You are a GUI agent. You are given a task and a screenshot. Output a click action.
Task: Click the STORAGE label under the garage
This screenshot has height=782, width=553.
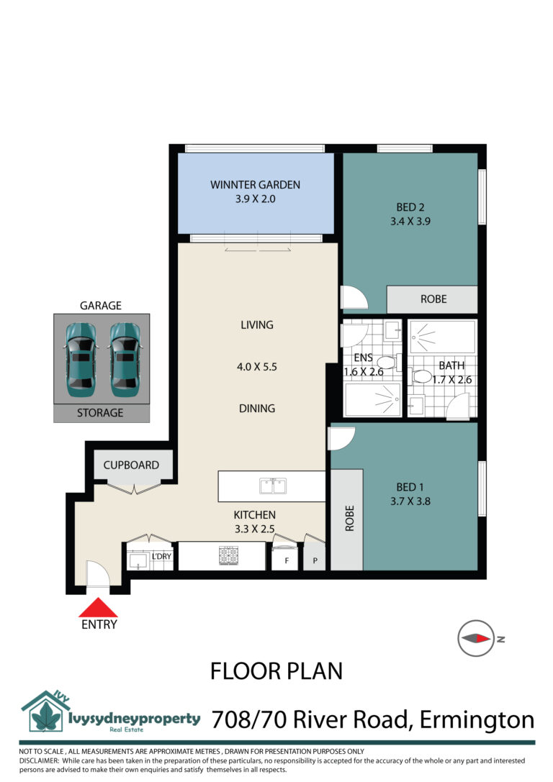tap(100, 413)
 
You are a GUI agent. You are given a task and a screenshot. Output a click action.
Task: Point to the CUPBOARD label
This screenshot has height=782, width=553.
tap(131, 465)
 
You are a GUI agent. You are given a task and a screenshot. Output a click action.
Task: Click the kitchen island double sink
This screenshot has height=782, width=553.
tap(273, 486)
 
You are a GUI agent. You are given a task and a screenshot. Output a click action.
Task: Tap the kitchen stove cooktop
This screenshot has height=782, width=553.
tap(228, 556)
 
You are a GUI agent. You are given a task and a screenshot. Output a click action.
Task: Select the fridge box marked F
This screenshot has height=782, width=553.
tap(287, 558)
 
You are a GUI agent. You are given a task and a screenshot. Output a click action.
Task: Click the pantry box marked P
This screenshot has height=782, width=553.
tap(315, 558)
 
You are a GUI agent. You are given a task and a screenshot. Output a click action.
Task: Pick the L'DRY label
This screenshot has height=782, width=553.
tap(162, 557)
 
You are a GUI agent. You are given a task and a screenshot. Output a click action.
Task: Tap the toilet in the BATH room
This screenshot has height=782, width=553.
tap(420, 376)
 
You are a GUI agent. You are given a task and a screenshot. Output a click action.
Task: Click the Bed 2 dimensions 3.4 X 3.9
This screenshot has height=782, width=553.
tap(410, 222)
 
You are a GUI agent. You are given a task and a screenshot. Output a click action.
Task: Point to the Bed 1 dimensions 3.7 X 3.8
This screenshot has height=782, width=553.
tap(410, 501)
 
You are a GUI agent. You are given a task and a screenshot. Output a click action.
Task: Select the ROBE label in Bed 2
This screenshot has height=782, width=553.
tap(433, 299)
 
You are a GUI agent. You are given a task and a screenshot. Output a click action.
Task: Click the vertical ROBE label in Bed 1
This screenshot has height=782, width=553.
tap(349, 518)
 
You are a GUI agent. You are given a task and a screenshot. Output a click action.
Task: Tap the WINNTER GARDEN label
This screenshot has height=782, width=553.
tap(255, 185)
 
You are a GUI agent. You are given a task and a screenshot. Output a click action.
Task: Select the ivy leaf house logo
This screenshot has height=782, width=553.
tap(45, 711)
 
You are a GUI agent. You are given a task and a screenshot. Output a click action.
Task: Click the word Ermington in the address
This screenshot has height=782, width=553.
tap(477, 720)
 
